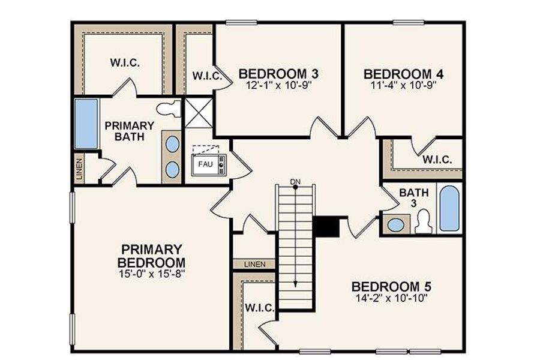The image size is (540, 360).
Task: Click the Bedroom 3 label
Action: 278,74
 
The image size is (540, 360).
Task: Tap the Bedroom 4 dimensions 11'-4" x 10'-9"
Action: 404,85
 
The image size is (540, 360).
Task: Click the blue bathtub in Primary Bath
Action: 86,124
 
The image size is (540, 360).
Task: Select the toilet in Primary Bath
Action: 168,109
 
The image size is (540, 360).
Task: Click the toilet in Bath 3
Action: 424,221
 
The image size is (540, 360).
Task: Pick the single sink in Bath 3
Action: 395,226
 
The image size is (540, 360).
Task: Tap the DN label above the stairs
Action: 295,181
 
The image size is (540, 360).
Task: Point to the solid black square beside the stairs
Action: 326,227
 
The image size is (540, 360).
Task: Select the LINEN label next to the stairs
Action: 253,264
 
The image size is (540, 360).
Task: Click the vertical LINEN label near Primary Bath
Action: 80,168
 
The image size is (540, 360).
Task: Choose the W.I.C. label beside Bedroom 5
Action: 259,308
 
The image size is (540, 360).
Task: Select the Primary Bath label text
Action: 130,131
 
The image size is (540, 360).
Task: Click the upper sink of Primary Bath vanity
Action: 172,145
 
